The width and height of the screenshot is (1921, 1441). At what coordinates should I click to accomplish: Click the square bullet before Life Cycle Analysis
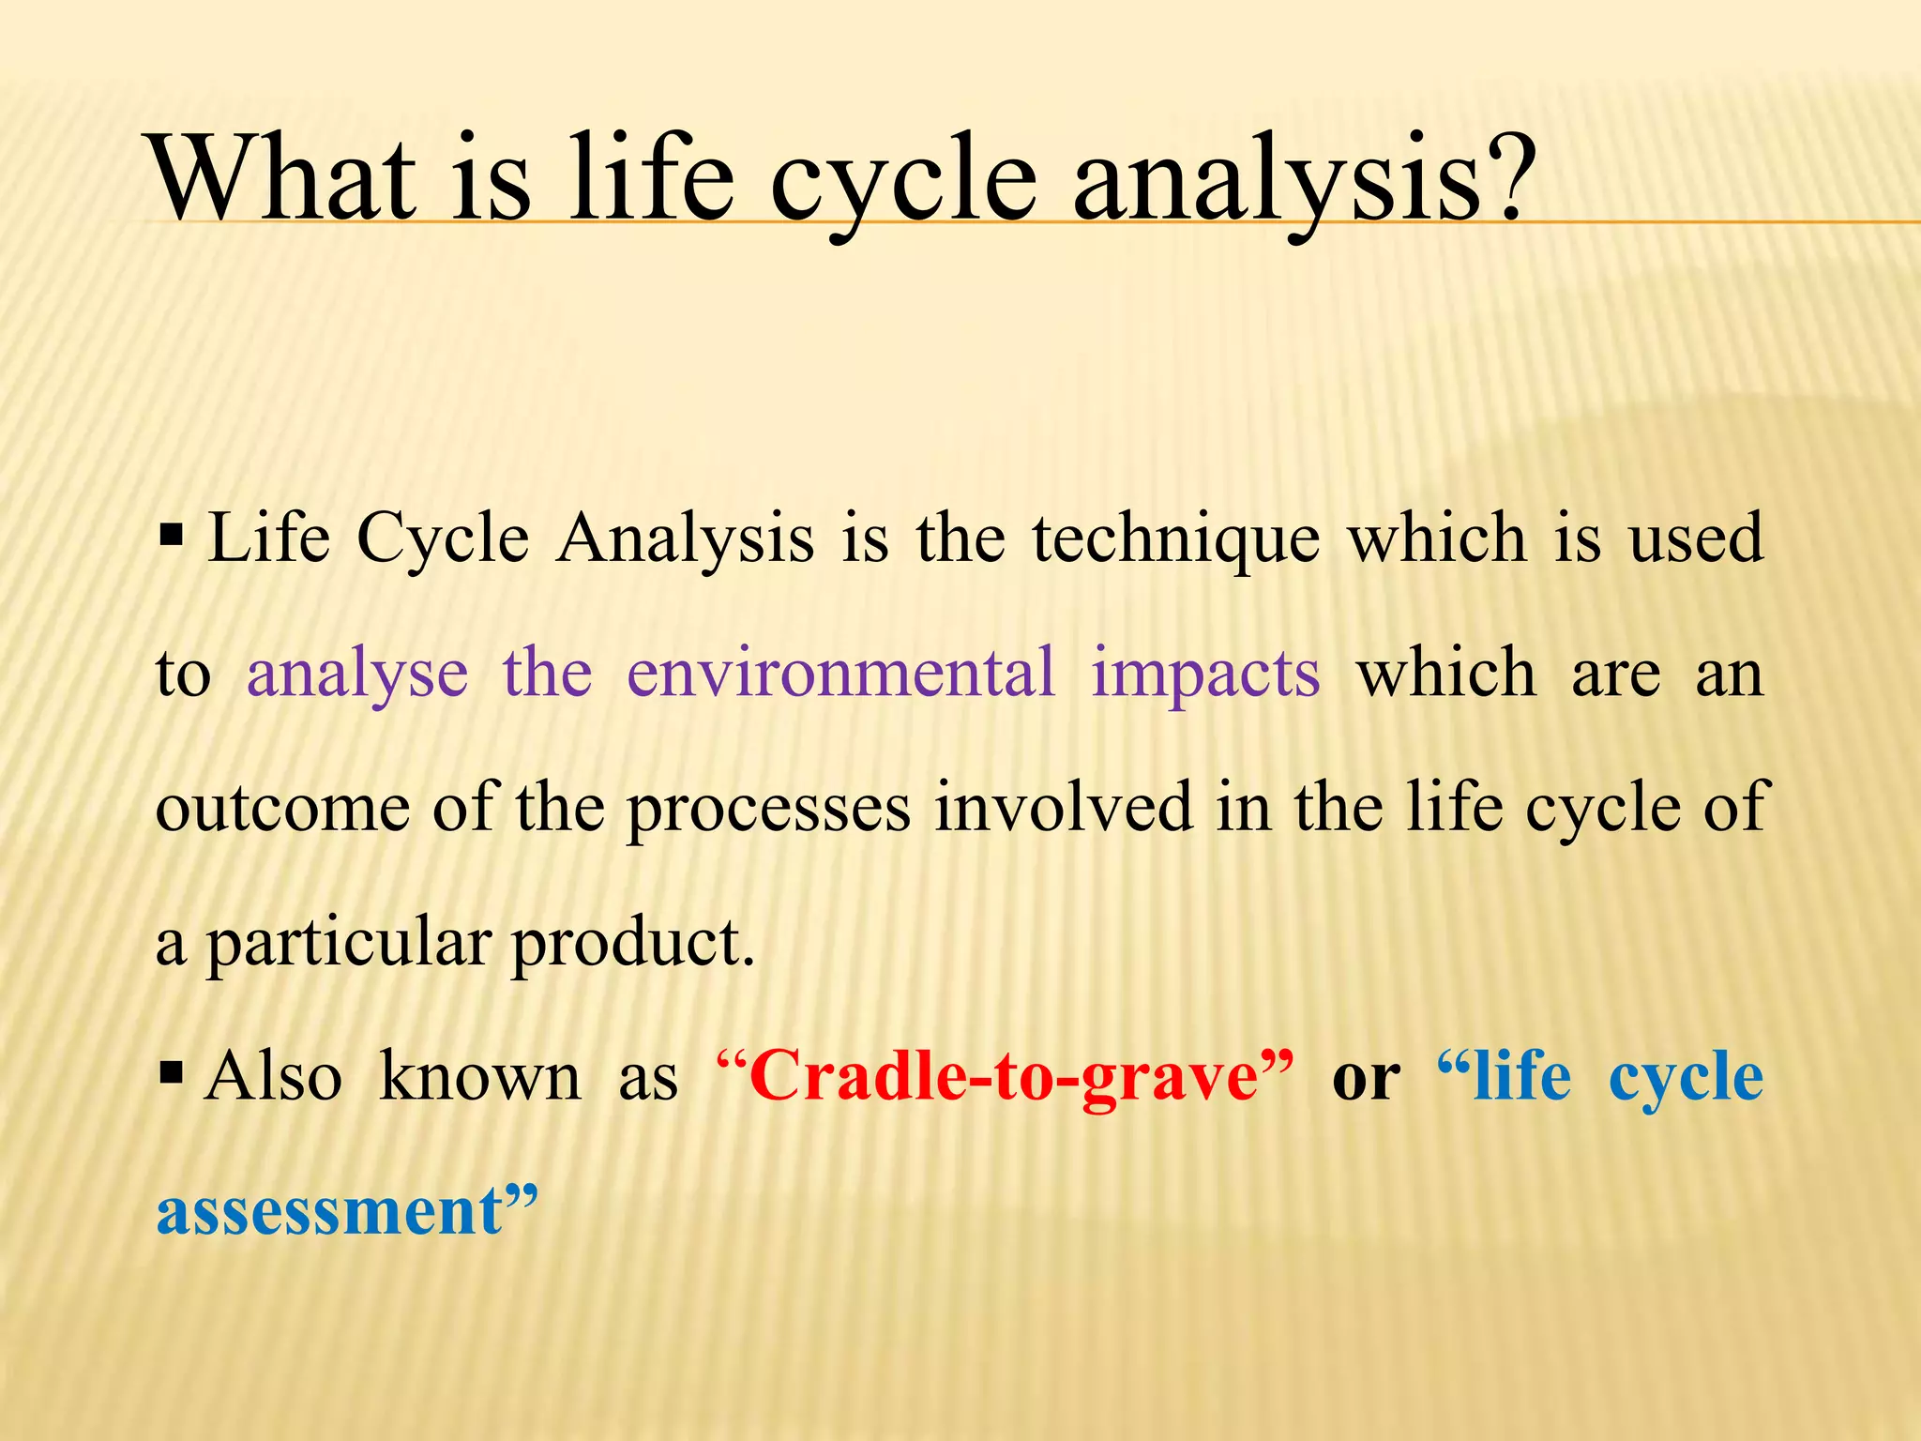pos(171,538)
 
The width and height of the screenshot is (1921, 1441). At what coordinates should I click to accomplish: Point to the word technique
pos(1175,540)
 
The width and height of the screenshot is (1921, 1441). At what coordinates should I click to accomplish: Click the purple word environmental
pos(840,674)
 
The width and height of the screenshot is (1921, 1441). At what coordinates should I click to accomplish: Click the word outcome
pos(282,809)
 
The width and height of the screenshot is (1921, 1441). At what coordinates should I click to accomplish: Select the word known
pos(479,1077)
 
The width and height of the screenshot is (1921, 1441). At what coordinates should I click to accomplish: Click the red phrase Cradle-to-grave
pos(1003,1077)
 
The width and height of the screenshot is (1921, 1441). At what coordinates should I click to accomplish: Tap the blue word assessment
pos(329,1211)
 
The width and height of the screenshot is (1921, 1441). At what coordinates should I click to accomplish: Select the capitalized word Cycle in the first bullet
pos(443,540)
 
